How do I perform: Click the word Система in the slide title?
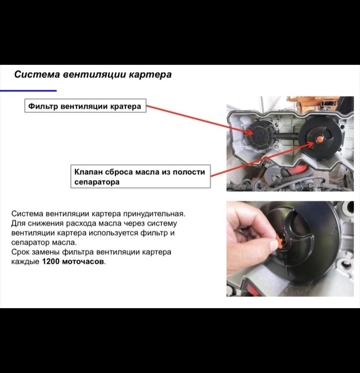37,75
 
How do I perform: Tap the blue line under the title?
28,90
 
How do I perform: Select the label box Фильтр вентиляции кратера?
85,106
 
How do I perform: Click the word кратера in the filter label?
125,106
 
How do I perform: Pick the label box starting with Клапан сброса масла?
141,176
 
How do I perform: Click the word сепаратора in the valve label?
97,182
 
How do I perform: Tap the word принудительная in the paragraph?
153,214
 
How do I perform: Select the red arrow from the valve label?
262,159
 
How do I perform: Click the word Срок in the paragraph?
20,252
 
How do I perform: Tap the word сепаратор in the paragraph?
30,243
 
